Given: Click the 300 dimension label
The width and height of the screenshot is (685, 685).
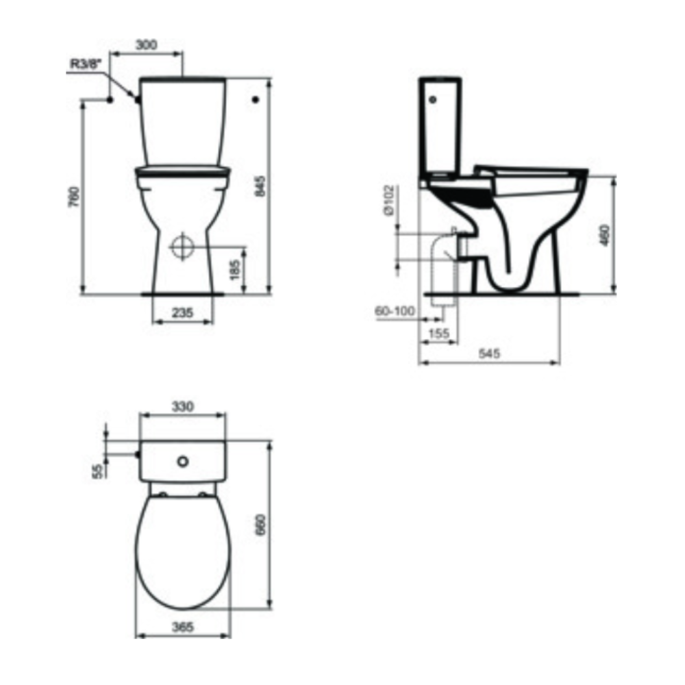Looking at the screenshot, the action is click(x=147, y=45).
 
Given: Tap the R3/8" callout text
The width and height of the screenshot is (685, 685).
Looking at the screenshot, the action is click(x=86, y=64).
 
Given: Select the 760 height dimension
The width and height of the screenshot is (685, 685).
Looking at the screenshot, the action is click(x=75, y=197).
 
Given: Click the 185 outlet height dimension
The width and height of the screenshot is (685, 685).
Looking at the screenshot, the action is click(x=234, y=270).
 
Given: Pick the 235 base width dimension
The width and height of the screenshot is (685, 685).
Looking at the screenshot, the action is click(x=182, y=313).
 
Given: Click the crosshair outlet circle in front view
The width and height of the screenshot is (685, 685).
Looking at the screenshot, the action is click(x=182, y=247).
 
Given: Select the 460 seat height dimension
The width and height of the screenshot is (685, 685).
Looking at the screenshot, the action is click(x=605, y=235).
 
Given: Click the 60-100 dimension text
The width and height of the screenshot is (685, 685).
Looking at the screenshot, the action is click(x=395, y=311).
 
